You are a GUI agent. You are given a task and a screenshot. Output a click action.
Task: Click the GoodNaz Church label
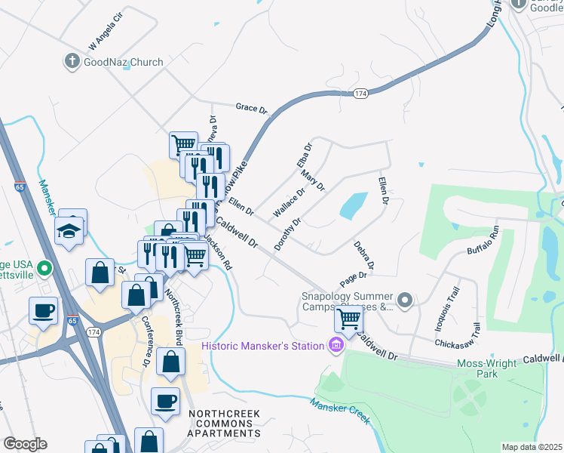124,62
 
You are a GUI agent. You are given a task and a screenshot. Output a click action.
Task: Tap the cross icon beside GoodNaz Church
72,62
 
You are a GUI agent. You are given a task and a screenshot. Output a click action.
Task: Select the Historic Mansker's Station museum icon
336,347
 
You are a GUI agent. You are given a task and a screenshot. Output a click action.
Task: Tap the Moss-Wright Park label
487,368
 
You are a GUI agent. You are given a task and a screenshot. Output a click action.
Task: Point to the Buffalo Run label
483,239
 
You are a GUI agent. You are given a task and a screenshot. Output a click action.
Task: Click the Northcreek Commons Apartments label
225,424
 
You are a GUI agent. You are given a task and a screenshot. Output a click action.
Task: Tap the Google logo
25,444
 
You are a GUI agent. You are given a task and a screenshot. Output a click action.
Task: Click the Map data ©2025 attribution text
532,447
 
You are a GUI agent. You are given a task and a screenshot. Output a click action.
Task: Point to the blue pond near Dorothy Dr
354,205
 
